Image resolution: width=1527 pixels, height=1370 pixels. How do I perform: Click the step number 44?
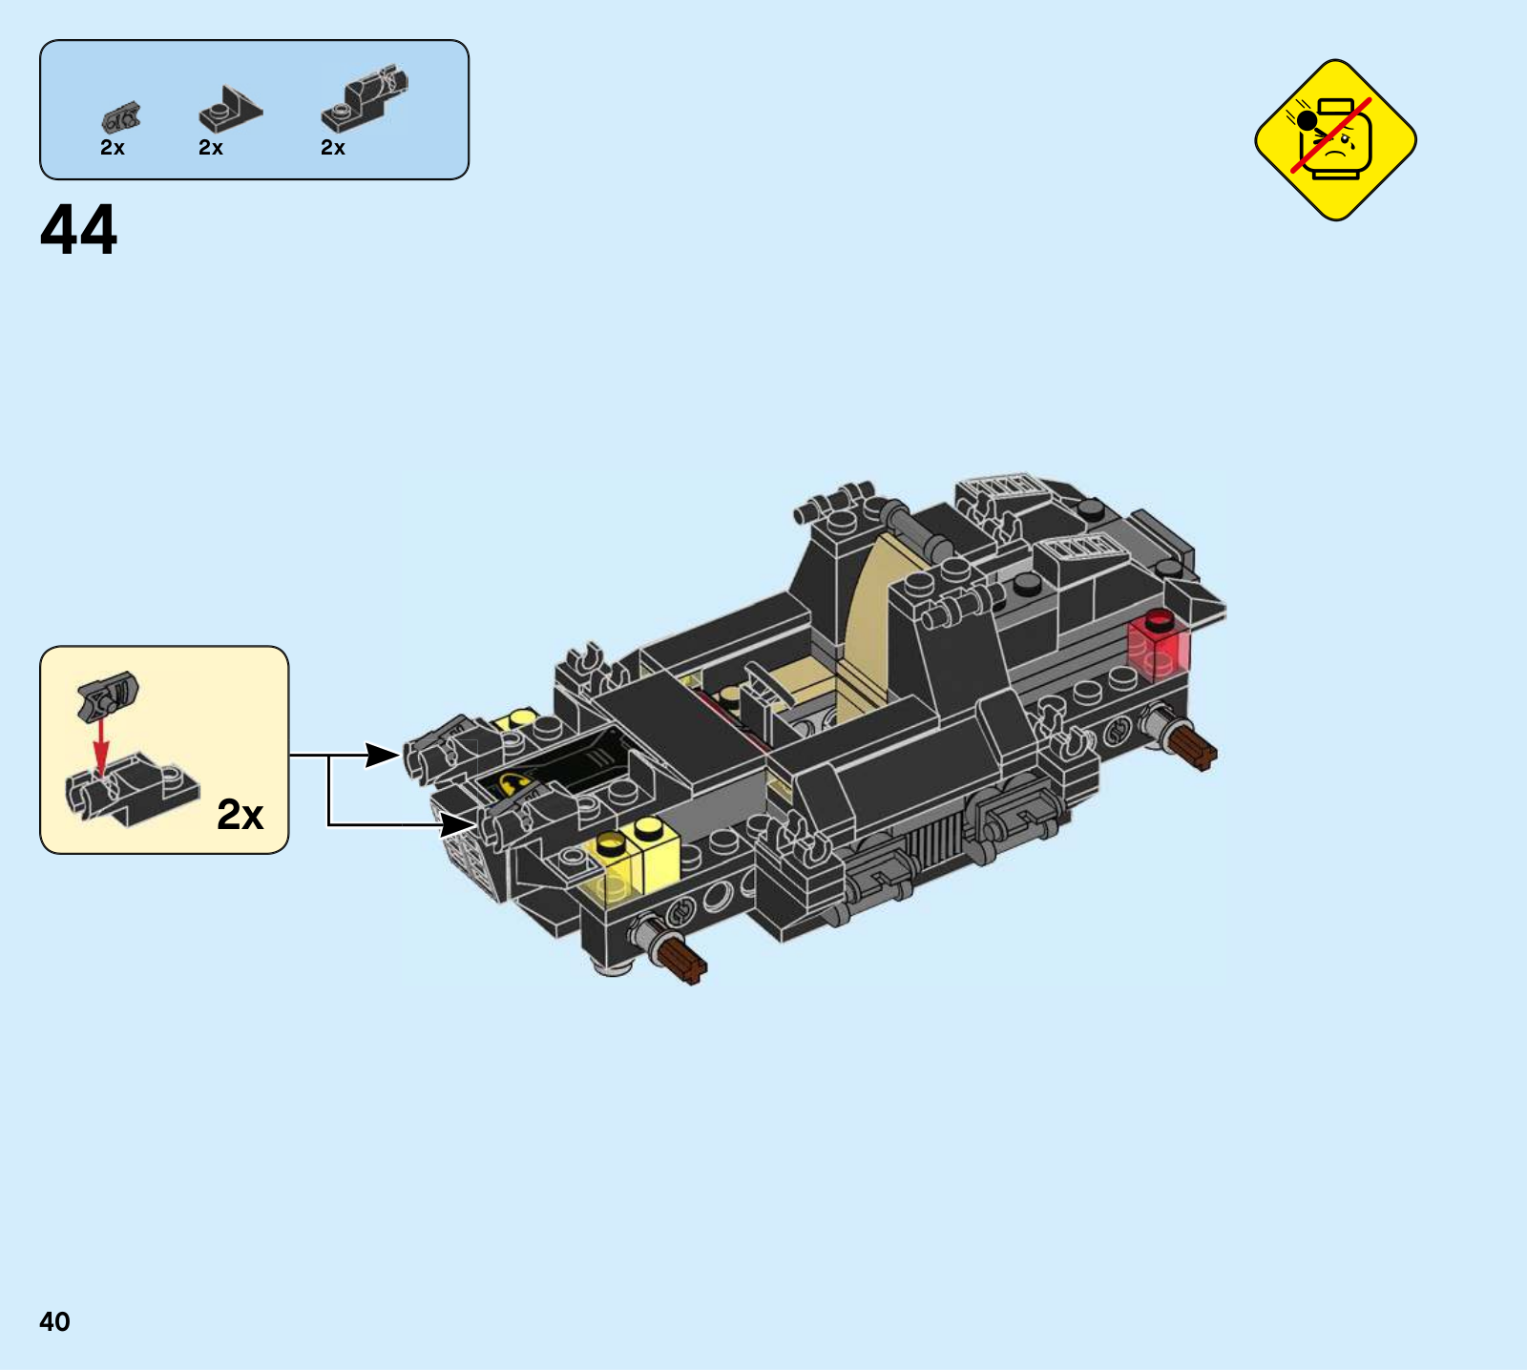click(x=78, y=230)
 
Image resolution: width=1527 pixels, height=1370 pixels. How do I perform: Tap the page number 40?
click(x=54, y=1321)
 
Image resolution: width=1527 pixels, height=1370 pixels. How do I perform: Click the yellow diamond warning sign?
click(x=1335, y=140)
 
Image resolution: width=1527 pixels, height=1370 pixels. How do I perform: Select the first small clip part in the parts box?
click(x=120, y=117)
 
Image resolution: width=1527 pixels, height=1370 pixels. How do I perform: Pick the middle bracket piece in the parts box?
click(x=229, y=110)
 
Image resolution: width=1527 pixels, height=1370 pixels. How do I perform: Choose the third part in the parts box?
click(x=365, y=99)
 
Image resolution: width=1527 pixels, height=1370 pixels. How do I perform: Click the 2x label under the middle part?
click(x=211, y=148)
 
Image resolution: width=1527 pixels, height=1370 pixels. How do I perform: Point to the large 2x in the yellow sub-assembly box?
click(x=240, y=815)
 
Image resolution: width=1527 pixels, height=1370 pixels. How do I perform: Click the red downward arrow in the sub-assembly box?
click(x=100, y=743)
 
